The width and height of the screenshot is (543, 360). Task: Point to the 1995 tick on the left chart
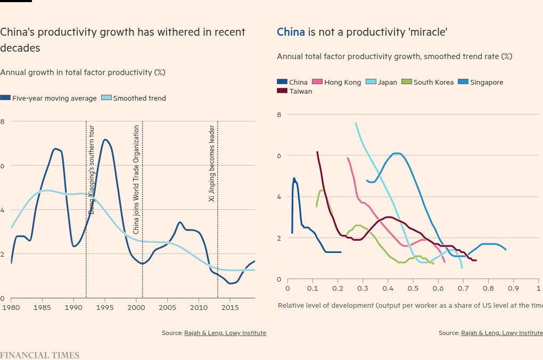[x=105, y=308]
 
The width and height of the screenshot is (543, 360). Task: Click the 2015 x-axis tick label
[x=230, y=308]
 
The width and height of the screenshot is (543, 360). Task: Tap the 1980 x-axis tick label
[x=11, y=308]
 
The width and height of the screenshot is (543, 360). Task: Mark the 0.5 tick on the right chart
[x=413, y=289]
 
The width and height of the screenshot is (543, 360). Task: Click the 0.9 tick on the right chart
[x=513, y=289]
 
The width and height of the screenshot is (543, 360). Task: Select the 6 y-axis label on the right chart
[x=279, y=156]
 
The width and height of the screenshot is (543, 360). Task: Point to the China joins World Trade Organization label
[x=136, y=179]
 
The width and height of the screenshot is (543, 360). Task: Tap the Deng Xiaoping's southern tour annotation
[x=92, y=169]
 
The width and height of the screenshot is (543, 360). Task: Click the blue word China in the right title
[x=291, y=32]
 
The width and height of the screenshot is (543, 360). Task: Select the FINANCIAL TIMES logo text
[x=39, y=355]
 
